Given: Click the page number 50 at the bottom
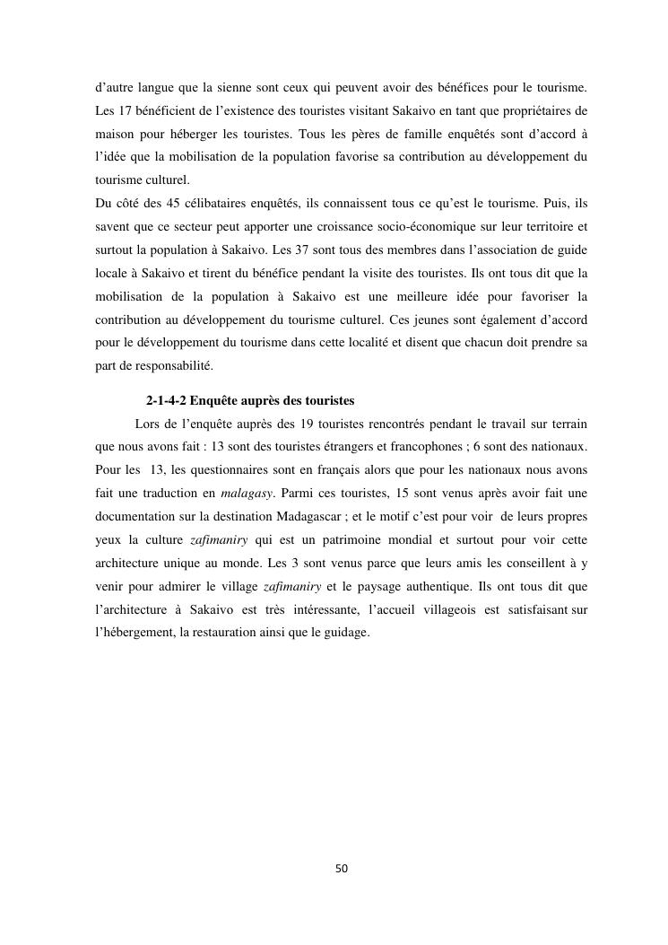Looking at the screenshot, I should pyautogui.click(x=341, y=869).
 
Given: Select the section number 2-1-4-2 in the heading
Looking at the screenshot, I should pyautogui.click(x=166, y=399).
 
